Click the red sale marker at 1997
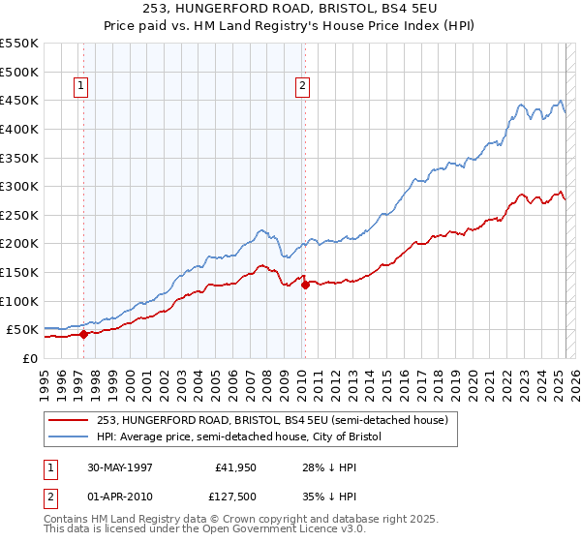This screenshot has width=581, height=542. tap(83, 334)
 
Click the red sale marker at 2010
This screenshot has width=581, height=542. tap(304, 285)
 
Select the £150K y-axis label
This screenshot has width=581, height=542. tap(19, 272)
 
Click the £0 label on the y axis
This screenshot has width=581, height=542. tap(29, 358)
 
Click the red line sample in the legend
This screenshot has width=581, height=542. tap(69, 420)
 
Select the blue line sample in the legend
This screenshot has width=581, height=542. tap(69, 437)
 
